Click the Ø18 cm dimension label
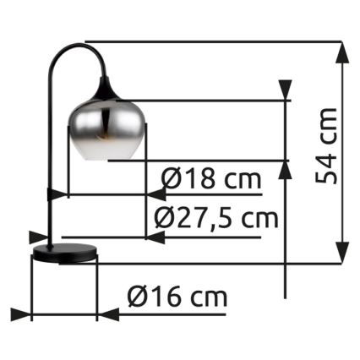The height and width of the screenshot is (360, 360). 211,179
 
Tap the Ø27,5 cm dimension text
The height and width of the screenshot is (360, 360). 216,218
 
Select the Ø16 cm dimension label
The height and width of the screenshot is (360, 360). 177,297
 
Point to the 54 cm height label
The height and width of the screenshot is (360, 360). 326,145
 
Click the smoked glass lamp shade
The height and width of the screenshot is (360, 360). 107,130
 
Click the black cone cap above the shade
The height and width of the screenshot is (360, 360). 106,90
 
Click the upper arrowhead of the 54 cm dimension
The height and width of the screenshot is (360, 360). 342,52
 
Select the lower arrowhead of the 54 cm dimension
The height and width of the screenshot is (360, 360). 342,253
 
